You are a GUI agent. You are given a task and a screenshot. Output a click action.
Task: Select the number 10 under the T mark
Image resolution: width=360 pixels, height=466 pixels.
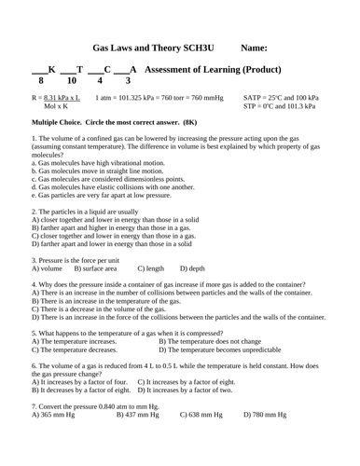pos(76,81)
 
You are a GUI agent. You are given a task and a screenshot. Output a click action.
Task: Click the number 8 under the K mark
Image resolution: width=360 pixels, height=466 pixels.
pos(41,81)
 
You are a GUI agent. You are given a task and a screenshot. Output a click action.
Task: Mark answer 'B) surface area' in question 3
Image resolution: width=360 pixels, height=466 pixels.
pos(95,268)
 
